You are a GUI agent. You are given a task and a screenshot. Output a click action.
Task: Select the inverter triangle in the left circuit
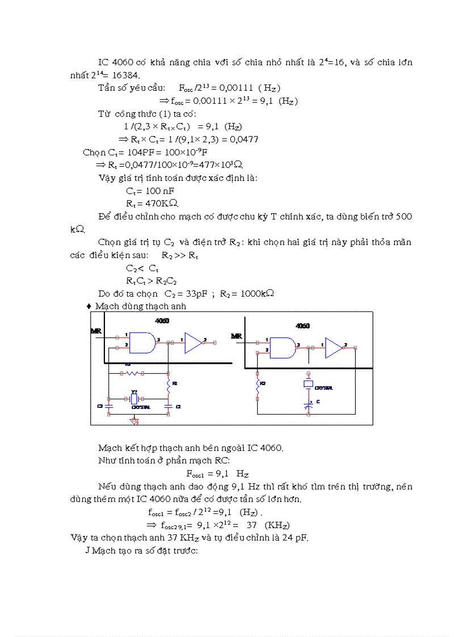(x=193, y=343)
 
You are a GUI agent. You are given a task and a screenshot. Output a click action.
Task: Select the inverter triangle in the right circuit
(x=334, y=347)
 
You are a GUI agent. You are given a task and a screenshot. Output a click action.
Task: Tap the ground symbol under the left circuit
(x=134, y=421)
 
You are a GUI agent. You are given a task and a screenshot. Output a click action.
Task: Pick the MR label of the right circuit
(x=237, y=336)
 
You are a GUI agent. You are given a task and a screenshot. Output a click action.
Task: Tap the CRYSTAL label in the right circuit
(x=324, y=388)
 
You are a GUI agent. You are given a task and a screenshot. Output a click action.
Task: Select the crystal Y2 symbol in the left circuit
(x=134, y=399)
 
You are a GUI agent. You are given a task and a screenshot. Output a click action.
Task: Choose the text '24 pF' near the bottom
(x=293, y=538)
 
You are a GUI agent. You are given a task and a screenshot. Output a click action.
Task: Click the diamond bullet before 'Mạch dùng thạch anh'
(x=89, y=306)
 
